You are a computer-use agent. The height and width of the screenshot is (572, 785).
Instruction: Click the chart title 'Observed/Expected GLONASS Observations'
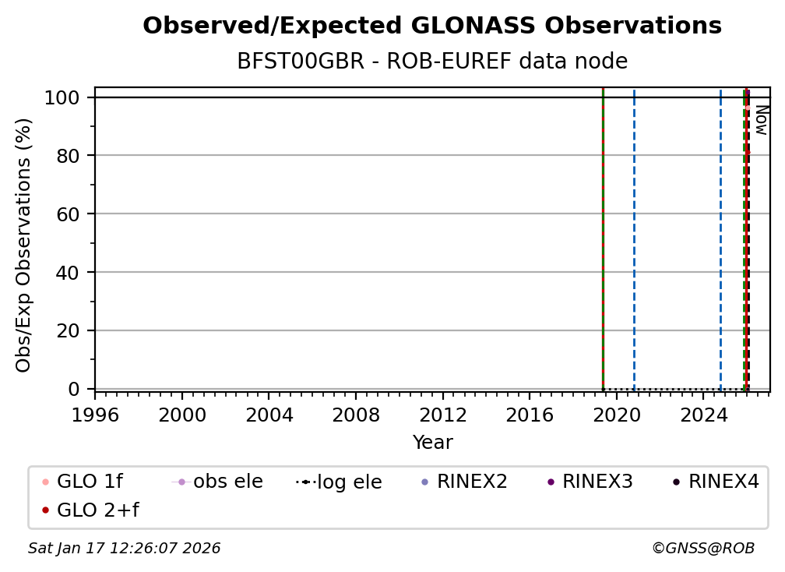432,26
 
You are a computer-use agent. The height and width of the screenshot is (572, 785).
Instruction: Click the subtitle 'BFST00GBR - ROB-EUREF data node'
432,62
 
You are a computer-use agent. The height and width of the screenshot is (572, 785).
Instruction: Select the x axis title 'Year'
432,443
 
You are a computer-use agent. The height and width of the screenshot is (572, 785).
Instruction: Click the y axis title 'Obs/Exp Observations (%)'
24,245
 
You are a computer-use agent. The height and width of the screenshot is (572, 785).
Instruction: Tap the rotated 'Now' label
761,120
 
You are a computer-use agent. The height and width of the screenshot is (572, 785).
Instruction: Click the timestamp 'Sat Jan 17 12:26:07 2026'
125,549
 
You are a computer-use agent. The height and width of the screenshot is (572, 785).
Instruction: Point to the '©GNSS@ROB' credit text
702,549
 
